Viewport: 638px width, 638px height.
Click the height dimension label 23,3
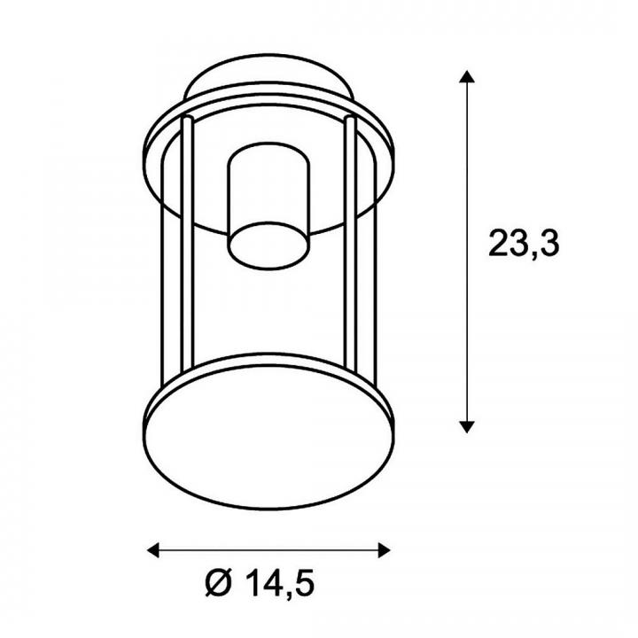click(x=524, y=245)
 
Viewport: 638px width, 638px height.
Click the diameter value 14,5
click(x=280, y=583)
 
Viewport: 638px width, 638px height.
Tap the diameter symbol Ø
click(x=219, y=583)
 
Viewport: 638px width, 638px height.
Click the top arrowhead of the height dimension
click(x=467, y=76)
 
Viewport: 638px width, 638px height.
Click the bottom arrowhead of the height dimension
click(x=467, y=427)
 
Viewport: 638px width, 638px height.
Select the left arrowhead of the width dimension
click(x=153, y=550)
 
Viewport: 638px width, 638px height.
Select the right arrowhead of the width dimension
click(x=384, y=550)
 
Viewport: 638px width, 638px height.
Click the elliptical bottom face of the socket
click(x=268, y=245)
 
